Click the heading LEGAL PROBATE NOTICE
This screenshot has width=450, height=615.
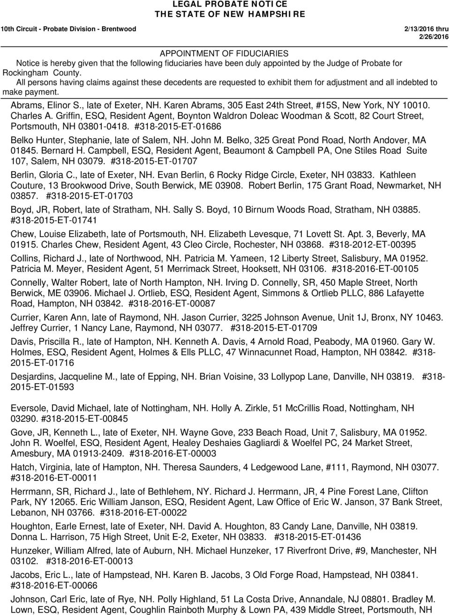225,4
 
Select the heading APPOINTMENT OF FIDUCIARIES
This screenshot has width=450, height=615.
224,53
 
